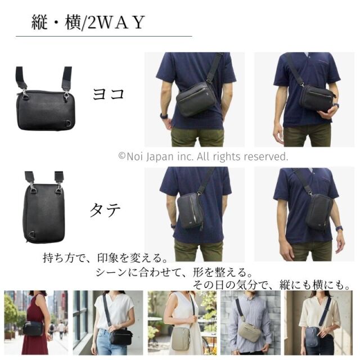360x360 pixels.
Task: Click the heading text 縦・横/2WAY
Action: (88, 22)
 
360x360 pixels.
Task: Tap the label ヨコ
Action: (108, 94)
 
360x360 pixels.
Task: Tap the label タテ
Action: (105, 210)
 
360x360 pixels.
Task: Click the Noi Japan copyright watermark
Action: (203, 156)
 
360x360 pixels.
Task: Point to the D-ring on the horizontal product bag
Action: (68, 123)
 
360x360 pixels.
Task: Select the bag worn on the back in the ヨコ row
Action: (196, 99)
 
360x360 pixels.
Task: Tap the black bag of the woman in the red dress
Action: (33, 328)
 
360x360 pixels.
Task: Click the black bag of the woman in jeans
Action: (121, 337)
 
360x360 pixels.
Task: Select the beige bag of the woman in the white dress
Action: (181, 339)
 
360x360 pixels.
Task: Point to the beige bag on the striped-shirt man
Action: (249, 332)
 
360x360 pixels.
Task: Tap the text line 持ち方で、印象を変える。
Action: (105, 258)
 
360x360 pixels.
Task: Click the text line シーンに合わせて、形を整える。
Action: (174, 272)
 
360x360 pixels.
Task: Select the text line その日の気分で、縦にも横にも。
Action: (271, 285)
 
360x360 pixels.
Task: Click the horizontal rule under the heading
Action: (103, 36)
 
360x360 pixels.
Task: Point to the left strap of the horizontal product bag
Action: (21, 78)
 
